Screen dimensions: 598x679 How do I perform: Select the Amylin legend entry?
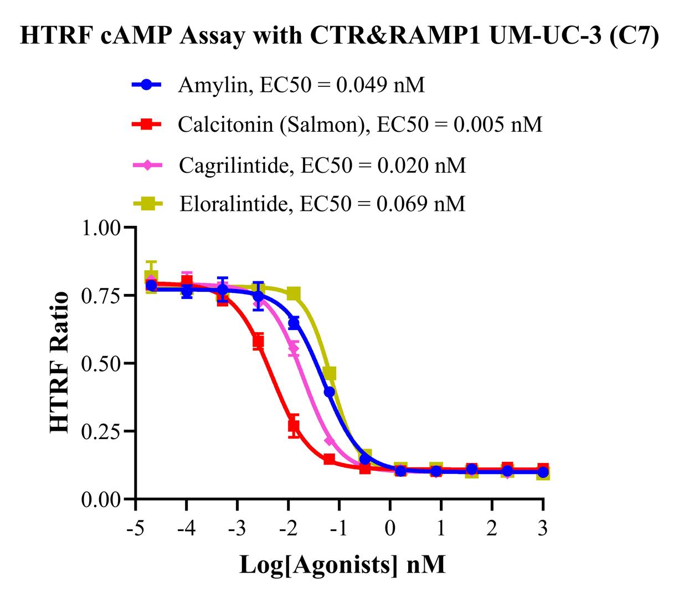[301, 85]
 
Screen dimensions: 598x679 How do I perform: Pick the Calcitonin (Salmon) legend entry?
[359, 125]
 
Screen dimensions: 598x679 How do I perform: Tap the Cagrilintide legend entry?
[322, 165]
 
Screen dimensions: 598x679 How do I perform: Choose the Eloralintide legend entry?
[322, 204]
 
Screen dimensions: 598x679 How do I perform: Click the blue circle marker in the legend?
[146, 85]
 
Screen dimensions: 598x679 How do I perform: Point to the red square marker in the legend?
[146, 125]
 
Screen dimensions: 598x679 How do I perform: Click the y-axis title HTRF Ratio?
[60, 363]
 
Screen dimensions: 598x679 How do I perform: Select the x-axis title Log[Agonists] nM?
[342, 565]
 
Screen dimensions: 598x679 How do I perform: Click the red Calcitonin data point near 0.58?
[258, 341]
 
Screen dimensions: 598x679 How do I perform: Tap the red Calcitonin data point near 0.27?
[294, 426]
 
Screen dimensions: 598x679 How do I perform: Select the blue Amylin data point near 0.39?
[329, 392]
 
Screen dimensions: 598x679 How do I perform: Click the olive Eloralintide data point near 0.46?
[330, 374]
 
